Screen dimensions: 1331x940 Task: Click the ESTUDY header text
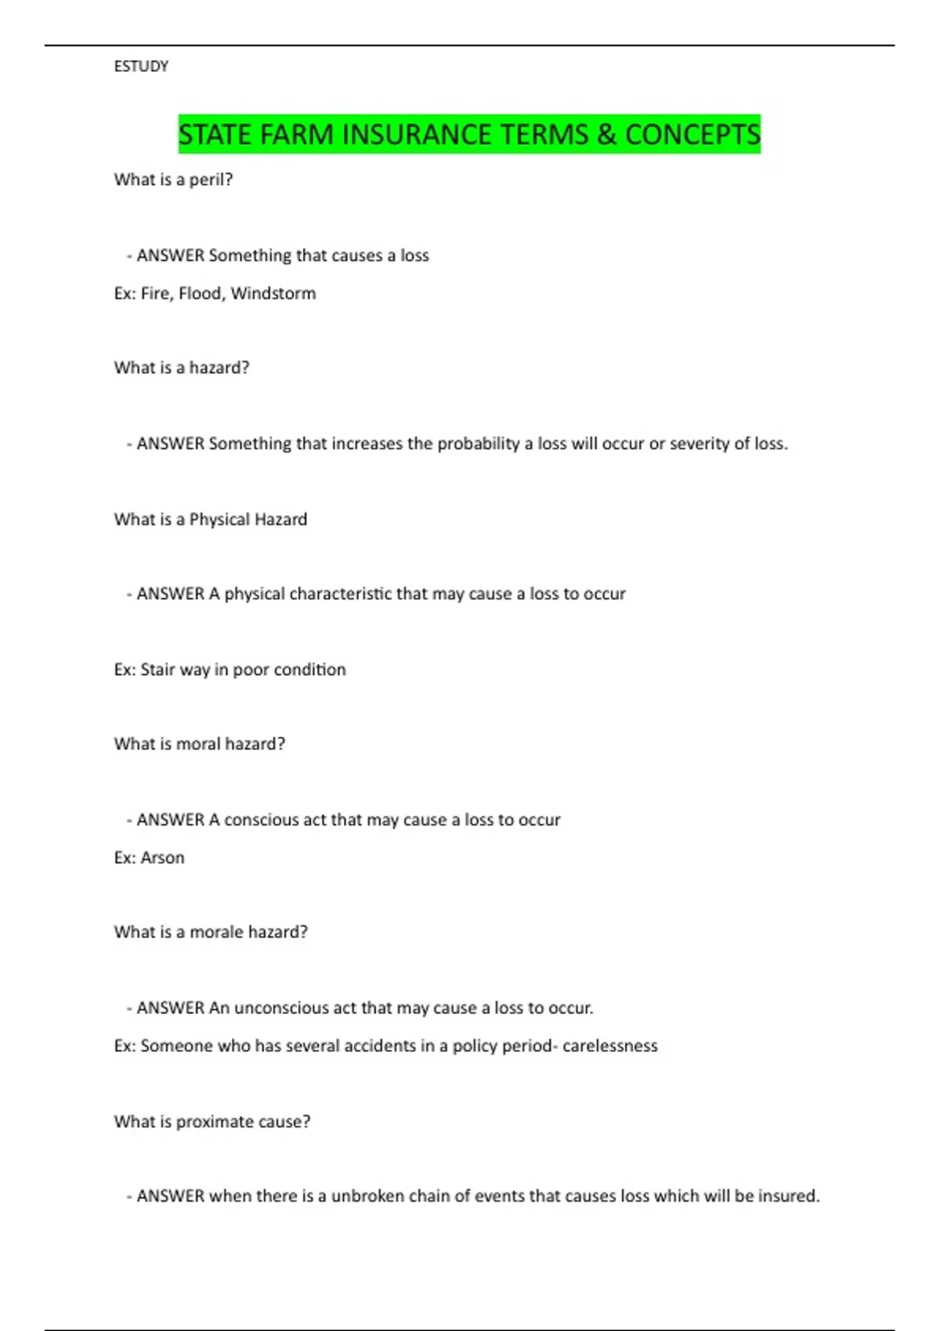pyautogui.click(x=141, y=67)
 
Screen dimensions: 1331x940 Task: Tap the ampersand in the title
pyautogui.click(x=606, y=135)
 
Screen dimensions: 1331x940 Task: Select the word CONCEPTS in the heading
pyautogui.click(x=692, y=135)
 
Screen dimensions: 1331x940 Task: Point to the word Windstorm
pyautogui.click(x=273, y=294)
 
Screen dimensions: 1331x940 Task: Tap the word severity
pyautogui.click(x=700, y=444)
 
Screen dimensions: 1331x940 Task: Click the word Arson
pyautogui.click(x=162, y=858)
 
